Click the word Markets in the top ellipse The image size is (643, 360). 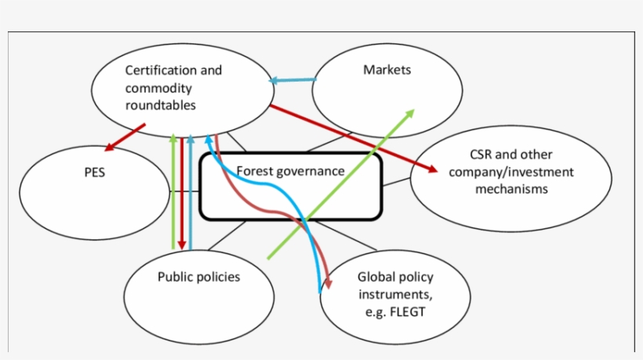[387, 71]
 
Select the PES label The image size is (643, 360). [94, 173]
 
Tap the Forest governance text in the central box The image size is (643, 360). [290, 171]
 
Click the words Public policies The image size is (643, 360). [198, 277]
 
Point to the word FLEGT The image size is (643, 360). [408, 311]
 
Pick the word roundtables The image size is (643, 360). [161, 105]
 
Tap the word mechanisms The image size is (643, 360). [511, 189]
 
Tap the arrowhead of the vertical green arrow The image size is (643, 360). [173, 139]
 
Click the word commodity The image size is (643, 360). [158, 88]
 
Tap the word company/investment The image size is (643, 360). [511, 172]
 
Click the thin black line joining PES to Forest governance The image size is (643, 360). [184, 191]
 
